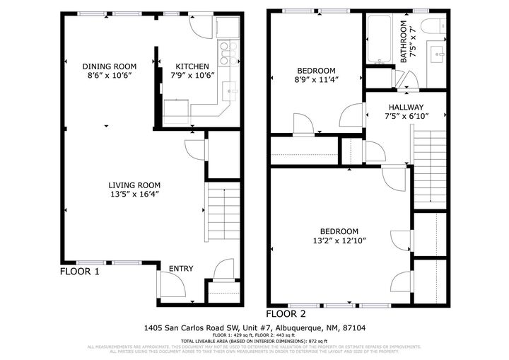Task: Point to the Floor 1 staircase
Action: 222,210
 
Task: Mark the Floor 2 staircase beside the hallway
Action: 431,166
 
